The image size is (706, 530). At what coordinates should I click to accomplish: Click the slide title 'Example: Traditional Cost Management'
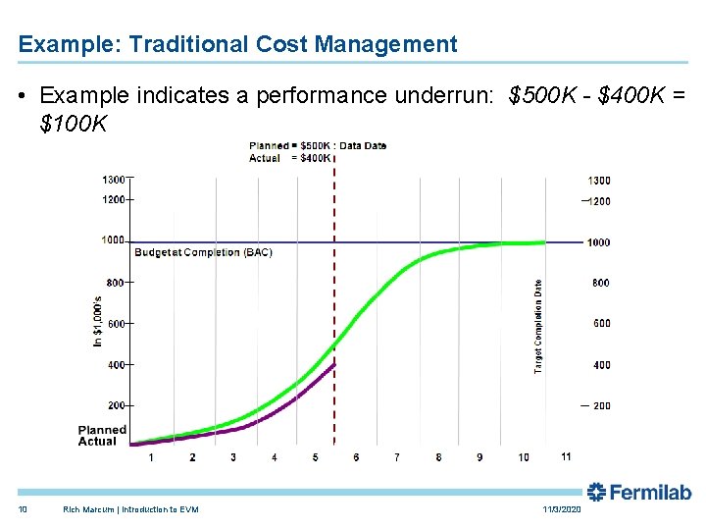237,44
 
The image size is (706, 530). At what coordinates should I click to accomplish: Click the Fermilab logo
639,493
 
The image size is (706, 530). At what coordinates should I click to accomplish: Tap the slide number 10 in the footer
23,509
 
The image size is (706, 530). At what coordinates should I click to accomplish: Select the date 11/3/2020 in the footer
561,509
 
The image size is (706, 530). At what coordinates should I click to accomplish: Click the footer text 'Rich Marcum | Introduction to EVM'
130,509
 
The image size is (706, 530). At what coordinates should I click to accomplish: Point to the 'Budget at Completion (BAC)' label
203,252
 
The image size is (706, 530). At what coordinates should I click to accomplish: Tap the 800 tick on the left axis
115,283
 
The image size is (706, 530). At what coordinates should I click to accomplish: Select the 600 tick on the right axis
600,323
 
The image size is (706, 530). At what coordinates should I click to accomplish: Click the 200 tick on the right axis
600,405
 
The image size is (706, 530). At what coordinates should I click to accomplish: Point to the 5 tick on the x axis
315,457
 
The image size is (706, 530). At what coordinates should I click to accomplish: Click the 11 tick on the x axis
566,456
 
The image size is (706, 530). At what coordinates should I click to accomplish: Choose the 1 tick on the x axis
151,457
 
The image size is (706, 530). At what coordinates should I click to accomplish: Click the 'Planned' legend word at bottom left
103,430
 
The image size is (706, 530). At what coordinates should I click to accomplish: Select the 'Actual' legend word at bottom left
98,442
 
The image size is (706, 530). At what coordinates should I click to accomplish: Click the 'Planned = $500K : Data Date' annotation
318,146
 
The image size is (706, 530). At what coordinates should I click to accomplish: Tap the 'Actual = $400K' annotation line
290,158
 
